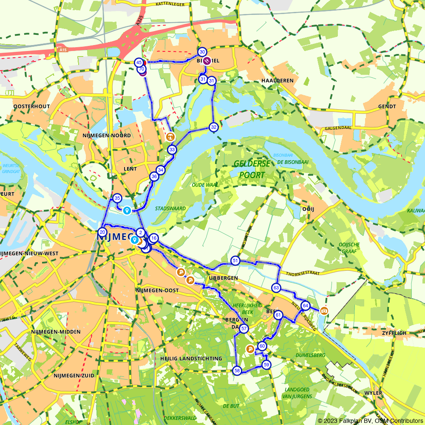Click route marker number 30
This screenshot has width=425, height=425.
click(202, 52)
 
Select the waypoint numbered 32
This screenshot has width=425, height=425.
click(213, 127)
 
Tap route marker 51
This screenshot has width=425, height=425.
click(235, 260)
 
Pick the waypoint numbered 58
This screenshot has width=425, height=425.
click(237, 371)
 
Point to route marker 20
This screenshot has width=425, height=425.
click(102, 232)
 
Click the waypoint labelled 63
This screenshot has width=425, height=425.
click(277, 288)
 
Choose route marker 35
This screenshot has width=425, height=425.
click(117, 198)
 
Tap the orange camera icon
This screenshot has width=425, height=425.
click(324, 311)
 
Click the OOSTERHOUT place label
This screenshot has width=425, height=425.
click(31, 106)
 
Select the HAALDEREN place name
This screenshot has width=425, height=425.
click(278, 80)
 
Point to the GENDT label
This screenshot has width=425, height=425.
click(386, 106)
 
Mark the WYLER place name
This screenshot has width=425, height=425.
click(373, 393)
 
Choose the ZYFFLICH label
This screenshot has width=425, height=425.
click(394, 333)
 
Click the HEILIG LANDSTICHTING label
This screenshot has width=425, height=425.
click(191, 358)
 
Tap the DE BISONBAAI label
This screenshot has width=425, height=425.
click(293, 162)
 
